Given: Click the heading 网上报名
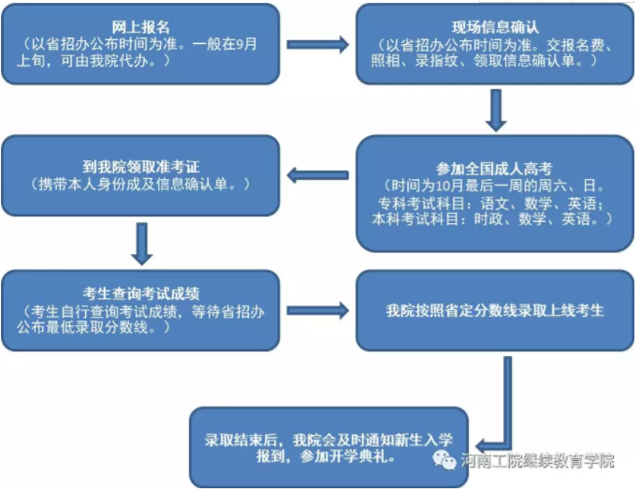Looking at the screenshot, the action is (140, 27).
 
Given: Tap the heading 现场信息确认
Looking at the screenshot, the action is (495, 27).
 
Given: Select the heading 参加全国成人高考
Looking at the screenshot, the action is (494, 169).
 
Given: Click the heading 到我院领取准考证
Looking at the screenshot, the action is (140, 167).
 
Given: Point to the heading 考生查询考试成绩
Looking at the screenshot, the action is (140, 293).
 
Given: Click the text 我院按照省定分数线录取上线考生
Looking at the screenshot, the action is (495, 310).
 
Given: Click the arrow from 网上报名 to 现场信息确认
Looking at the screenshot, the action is (317, 45).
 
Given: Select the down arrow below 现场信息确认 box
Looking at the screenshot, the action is (496, 111).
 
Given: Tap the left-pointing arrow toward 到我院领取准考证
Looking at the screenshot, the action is (317, 175).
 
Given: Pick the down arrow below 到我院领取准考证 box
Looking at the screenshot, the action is (141, 244).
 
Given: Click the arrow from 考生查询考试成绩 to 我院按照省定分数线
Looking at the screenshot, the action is (317, 310).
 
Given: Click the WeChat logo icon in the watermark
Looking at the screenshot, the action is (444, 459).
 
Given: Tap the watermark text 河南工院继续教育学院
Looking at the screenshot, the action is (538, 460).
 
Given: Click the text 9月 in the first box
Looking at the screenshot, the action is (246, 44).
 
